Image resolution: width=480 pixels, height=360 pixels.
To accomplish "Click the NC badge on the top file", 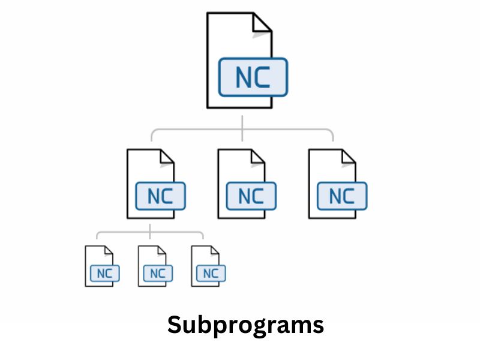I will (x=253, y=77).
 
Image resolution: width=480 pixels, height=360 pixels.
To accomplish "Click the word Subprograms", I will (x=245, y=325).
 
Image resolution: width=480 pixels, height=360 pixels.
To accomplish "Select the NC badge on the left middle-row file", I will (x=160, y=196).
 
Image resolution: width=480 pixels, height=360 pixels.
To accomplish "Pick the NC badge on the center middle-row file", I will (x=251, y=196).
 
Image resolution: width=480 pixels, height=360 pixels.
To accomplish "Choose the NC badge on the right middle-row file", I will (x=341, y=196).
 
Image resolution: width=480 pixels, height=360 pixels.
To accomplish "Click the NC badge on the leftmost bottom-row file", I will (x=104, y=274).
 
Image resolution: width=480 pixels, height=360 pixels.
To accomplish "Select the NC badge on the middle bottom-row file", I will (x=157, y=274).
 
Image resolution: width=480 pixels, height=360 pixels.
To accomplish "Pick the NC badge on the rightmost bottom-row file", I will (x=211, y=274).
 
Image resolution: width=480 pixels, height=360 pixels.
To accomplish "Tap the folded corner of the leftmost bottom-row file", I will (x=108, y=250).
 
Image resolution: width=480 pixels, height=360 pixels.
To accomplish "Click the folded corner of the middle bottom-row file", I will (x=161, y=250).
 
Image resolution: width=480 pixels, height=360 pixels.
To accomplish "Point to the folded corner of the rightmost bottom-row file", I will (x=214, y=250).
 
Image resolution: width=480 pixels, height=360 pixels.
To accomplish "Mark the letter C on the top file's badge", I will (x=263, y=77).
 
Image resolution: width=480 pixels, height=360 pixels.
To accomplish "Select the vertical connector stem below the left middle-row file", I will (x=150, y=226).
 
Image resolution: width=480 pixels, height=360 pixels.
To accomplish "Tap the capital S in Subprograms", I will (x=174, y=325).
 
